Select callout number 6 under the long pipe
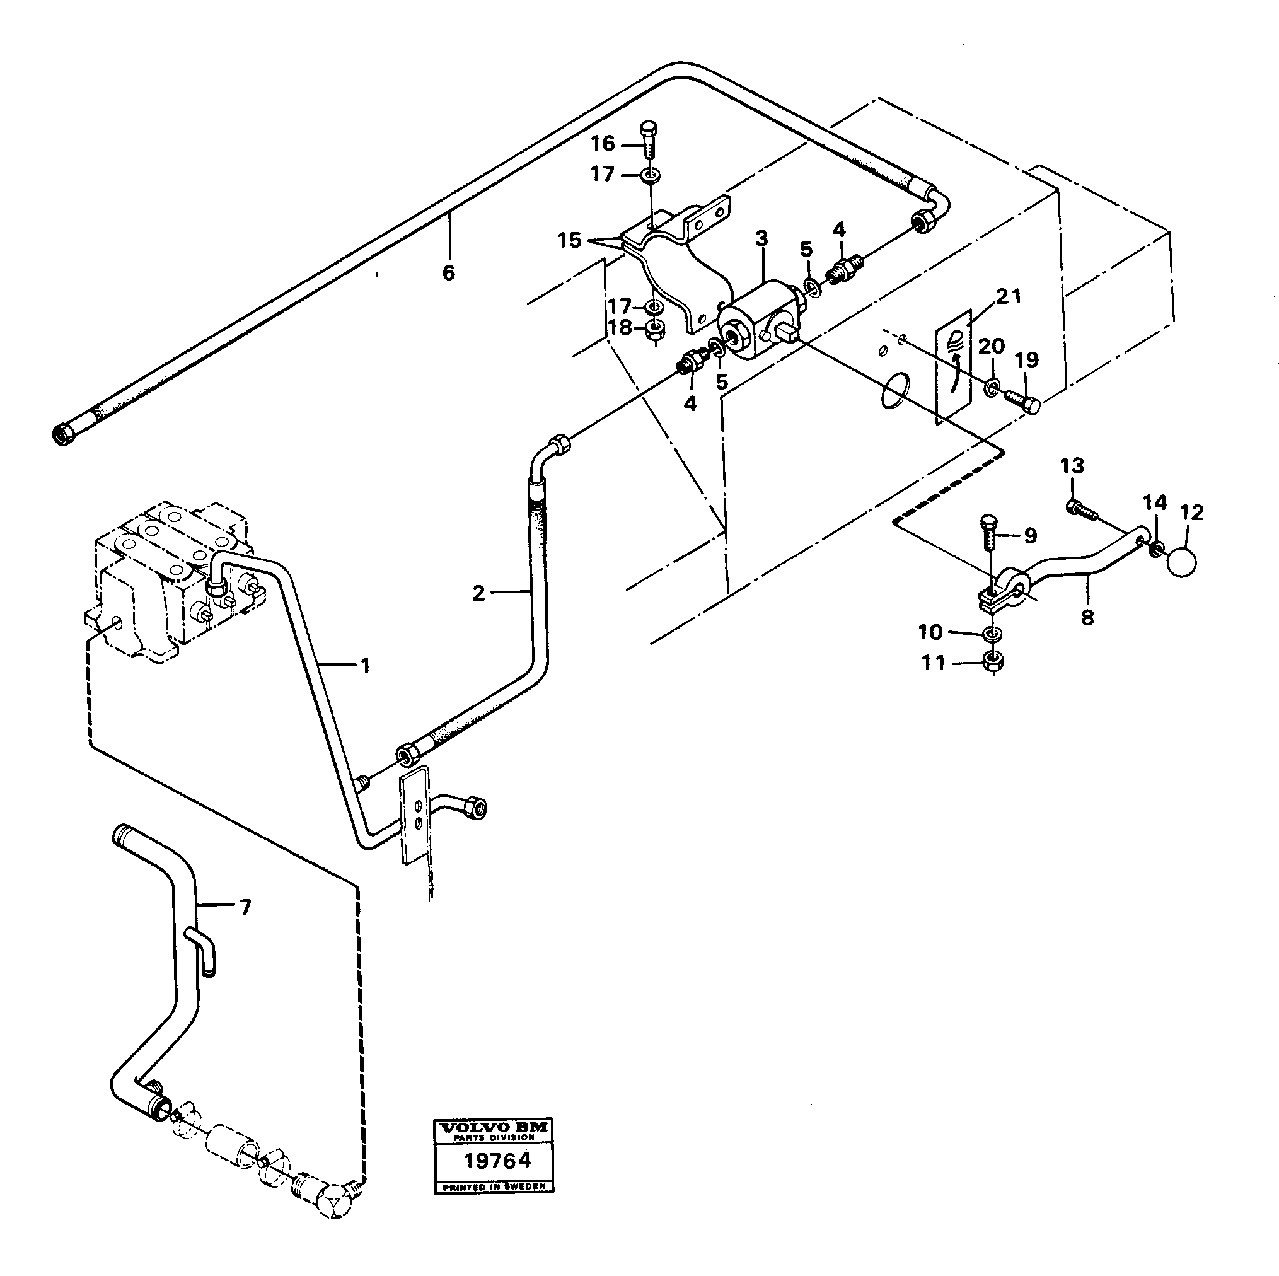pyautogui.click(x=449, y=272)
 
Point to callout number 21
pyautogui.click(x=1009, y=297)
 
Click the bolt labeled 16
pyautogui.click(x=648, y=139)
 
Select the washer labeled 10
pyautogui.click(x=991, y=634)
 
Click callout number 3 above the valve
pyautogui.click(x=762, y=239)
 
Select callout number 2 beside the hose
pyautogui.click(x=478, y=593)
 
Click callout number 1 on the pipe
pyautogui.click(x=365, y=665)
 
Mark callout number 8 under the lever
pyautogui.click(x=1087, y=618)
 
